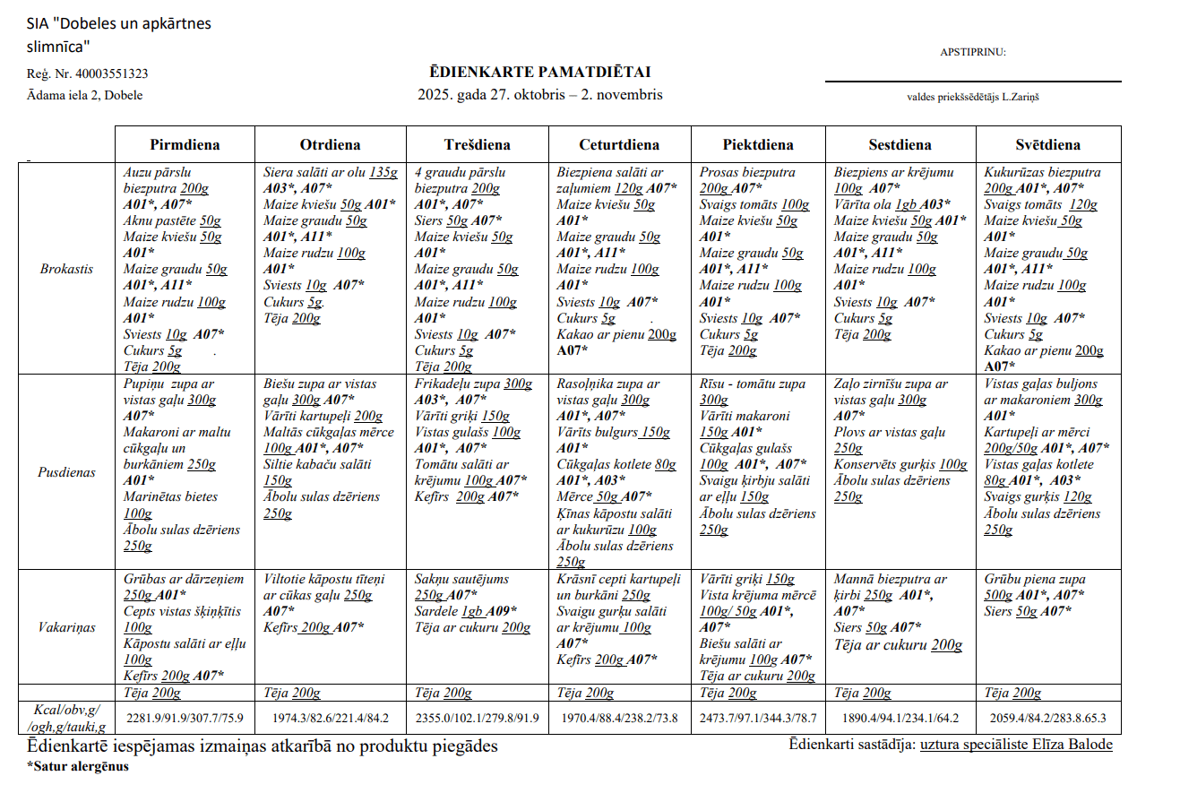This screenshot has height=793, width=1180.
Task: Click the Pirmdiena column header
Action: [185, 144]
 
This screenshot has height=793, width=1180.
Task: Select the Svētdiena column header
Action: [1047, 144]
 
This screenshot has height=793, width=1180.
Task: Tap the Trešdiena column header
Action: [477, 144]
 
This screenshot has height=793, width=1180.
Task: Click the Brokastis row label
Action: [67, 269]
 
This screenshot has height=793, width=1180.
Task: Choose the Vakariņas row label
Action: [68, 627]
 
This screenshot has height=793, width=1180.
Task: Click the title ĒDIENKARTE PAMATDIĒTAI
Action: [539, 73]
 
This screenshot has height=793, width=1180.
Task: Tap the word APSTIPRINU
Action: [972, 52]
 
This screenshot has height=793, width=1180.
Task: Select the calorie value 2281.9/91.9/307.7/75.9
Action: [185, 718]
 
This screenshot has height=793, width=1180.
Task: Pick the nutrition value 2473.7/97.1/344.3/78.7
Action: [757, 718]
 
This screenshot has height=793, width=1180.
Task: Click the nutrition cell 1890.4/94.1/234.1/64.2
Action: [900, 718]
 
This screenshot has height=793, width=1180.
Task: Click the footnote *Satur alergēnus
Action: [78, 767]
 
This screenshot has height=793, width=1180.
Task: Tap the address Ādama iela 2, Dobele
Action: [84, 96]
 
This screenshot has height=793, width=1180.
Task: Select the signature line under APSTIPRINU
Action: [972, 82]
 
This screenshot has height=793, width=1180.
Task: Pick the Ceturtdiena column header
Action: [619, 144]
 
